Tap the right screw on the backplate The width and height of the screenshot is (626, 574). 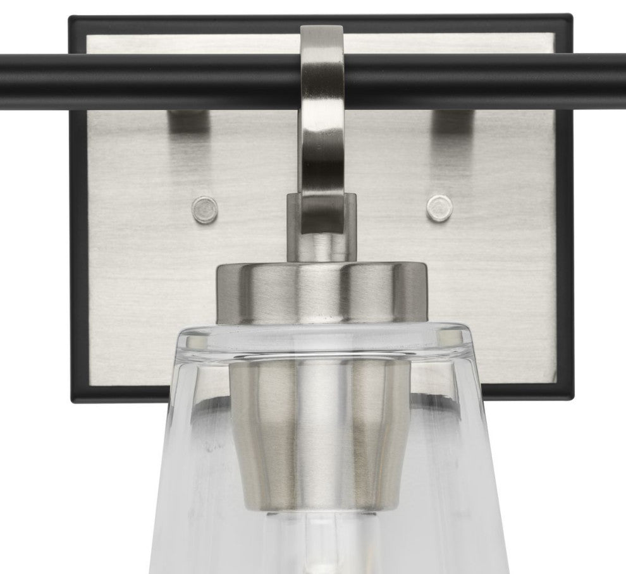tap(438, 207)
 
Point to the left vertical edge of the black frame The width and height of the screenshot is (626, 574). tap(75, 253)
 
